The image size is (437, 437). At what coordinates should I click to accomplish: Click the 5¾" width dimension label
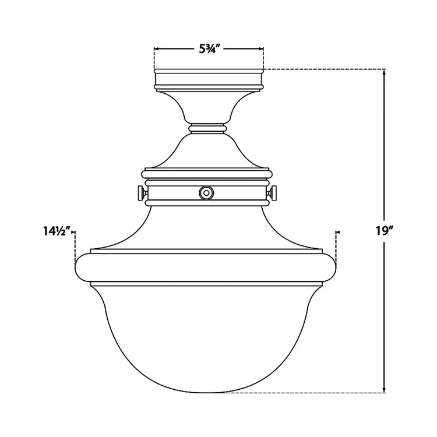pyautogui.click(x=209, y=49)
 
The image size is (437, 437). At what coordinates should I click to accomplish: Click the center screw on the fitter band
pyautogui.click(x=205, y=192)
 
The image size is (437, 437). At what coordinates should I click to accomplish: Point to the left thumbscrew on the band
pyautogui.click(x=140, y=192)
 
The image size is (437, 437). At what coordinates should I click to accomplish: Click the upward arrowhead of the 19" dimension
pyautogui.click(x=384, y=74)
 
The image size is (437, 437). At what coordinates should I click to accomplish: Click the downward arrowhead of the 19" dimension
pyautogui.click(x=384, y=387)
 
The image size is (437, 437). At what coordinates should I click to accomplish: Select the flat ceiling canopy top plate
pyautogui.click(x=208, y=79)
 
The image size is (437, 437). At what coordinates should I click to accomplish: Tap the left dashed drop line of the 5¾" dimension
pyautogui.click(x=154, y=58)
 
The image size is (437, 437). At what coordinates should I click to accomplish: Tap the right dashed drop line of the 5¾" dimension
pyautogui.click(x=263, y=58)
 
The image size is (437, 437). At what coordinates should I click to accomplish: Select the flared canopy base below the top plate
pyautogui.click(x=208, y=105)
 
